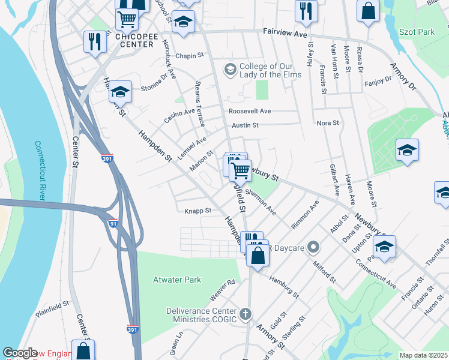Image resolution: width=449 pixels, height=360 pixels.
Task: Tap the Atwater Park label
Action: point(176,280)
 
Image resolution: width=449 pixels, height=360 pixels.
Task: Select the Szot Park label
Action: point(418,31)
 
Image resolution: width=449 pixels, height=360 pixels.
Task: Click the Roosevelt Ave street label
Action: point(249,111)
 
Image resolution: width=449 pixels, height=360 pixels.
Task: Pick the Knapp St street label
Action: point(197,211)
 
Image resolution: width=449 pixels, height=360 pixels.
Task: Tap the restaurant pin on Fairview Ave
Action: point(306,11)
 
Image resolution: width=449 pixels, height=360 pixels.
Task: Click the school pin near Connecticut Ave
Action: point(384,246)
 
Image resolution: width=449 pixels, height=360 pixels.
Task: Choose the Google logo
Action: point(20,353)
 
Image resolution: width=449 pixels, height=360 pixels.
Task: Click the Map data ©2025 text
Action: point(423,355)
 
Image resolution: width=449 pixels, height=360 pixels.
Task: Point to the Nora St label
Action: point(328,123)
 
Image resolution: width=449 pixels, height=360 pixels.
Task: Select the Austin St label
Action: point(245,125)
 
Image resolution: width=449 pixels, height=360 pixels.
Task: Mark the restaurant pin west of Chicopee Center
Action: point(94,41)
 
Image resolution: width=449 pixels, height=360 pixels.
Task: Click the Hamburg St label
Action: point(284,287)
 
